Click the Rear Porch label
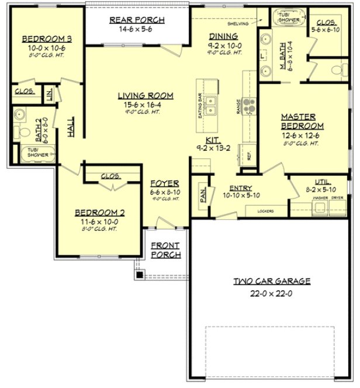coord(137,20)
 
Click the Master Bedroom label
coord(302,121)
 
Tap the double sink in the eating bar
coord(213,107)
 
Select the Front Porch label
coord(165,250)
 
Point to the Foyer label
coord(160,183)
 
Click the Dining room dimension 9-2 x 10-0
coord(224,44)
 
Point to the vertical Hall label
coord(70,127)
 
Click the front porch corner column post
coord(140,273)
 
